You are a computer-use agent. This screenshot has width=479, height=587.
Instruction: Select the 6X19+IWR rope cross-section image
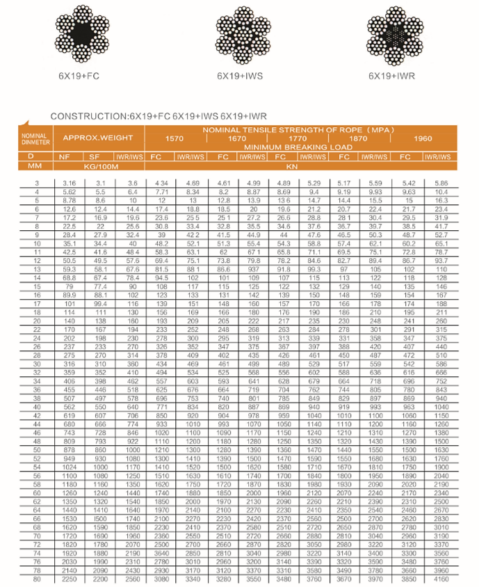396,33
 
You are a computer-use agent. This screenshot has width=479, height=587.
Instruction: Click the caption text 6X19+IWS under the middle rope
241,75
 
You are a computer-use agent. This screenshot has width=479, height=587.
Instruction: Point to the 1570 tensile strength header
174,138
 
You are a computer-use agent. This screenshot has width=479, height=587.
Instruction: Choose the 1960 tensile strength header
423,138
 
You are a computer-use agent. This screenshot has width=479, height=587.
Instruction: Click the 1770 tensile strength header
298,138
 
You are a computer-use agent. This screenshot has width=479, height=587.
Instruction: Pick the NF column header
70,157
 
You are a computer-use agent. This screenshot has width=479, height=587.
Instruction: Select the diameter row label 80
36,579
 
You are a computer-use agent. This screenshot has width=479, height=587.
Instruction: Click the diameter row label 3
36,182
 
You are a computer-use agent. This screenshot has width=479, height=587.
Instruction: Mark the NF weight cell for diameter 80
70,579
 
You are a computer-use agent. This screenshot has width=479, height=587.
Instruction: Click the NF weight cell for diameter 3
70,182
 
